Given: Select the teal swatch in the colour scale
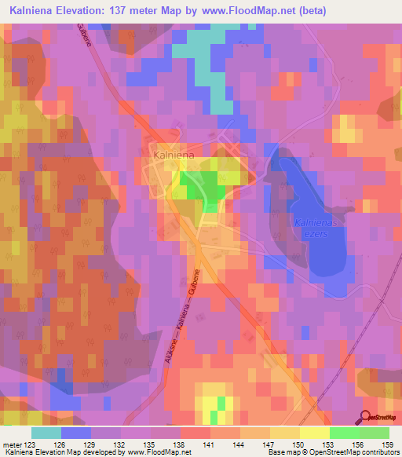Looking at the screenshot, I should pos(46,433).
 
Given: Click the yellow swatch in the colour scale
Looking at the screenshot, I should pos(314,433).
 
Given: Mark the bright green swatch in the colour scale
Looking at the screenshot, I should pos(344,433).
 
